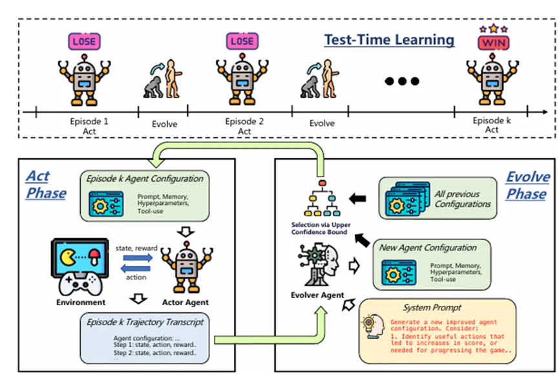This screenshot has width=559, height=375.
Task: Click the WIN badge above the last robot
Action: point(493,43)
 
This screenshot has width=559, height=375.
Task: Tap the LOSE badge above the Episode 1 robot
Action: point(84,41)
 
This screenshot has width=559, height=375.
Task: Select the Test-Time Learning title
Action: point(389,40)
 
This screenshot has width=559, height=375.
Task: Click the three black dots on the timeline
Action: point(402,81)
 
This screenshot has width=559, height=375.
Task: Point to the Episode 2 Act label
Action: point(244,126)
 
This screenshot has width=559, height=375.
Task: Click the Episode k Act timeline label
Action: point(492,125)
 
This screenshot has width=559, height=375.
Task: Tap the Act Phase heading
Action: point(46,184)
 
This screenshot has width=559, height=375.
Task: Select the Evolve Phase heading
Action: point(527,185)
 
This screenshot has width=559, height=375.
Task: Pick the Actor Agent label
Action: point(185,302)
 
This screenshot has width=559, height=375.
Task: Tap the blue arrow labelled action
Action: point(136,269)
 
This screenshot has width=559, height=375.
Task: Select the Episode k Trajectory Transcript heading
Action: point(145,322)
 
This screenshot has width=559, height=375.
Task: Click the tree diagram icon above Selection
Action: point(322,198)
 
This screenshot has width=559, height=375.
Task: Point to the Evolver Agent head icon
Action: point(318,264)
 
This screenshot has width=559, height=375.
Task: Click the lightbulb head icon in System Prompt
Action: point(374,327)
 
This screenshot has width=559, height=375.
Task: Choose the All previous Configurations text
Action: point(463,198)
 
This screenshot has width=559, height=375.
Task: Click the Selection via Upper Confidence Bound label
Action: point(321,228)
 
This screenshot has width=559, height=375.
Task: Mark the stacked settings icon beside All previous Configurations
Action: point(408,198)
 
